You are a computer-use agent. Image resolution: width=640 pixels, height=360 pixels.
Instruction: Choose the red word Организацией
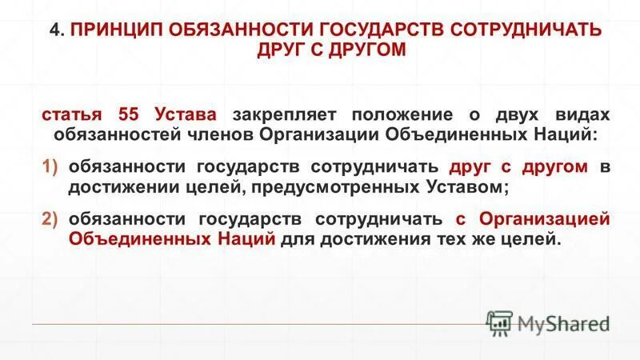pos(544,219)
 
